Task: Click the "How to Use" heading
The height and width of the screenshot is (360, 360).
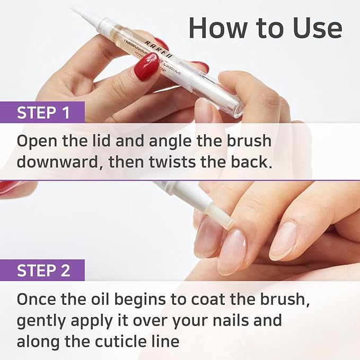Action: (265, 28)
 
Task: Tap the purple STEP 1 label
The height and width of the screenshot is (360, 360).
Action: (43, 113)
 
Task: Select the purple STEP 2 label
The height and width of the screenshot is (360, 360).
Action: (43, 270)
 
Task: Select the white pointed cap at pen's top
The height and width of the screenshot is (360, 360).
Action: (87, 15)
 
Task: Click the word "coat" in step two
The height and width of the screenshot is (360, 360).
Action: (224, 299)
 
